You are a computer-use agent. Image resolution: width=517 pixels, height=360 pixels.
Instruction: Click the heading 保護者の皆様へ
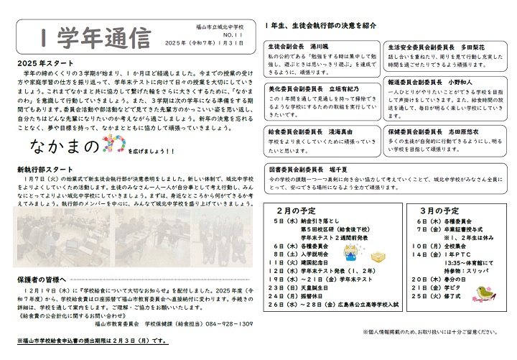[41, 277]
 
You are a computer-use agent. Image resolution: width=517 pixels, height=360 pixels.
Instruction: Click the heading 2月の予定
[296, 211]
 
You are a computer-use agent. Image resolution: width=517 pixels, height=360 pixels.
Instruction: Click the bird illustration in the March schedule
[479, 290]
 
